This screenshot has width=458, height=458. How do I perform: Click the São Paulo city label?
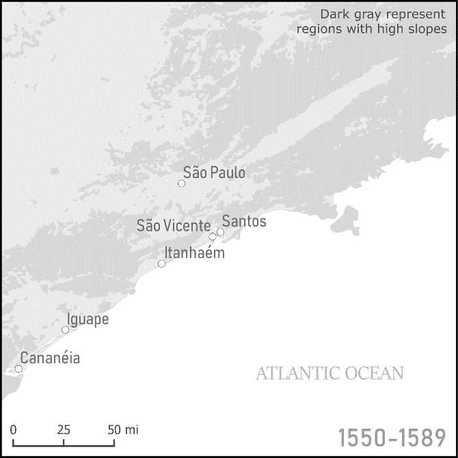click(214, 173)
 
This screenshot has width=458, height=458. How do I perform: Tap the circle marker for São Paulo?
click(181, 183)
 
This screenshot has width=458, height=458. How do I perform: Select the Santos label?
click(244, 222)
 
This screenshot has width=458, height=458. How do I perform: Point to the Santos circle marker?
click(220, 232)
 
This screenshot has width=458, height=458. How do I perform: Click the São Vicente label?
click(174, 226)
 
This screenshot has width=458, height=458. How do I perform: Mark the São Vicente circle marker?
click(212, 237)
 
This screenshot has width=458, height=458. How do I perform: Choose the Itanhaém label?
click(194, 253)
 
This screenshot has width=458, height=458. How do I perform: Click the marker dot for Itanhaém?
click(161, 263)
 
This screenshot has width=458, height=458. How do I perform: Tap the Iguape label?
click(88, 319)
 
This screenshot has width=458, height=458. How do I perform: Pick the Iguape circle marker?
click(65, 330)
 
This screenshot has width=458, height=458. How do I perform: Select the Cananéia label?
click(50, 358)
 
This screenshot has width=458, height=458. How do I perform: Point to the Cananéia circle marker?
click(18, 369)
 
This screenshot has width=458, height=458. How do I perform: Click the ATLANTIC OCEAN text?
click(329, 373)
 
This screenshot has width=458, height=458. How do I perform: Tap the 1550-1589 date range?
click(392, 438)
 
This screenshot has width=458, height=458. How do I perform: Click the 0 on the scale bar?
click(13, 430)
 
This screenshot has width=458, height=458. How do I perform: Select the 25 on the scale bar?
click(64, 430)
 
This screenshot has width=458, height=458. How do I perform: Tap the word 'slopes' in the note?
click(427, 29)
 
